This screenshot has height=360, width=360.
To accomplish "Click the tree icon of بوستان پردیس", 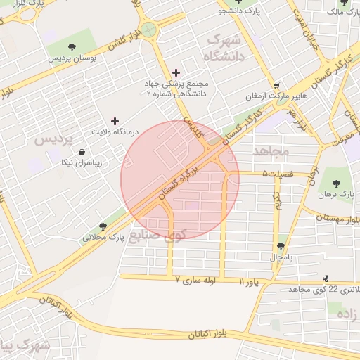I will (72, 47).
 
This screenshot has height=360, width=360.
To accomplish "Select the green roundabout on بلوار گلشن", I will (148, 30).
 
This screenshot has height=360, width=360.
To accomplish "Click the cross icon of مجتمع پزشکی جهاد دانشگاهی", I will (176, 72).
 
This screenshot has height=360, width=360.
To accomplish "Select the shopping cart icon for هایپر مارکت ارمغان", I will (276, 84).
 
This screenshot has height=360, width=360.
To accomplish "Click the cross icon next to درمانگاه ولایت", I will (115, 121).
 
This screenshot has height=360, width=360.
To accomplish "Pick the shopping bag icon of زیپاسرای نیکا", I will (82, 152).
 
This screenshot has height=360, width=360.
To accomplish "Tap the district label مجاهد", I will (271, 150).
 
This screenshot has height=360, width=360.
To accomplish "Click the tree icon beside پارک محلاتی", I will (103, 226).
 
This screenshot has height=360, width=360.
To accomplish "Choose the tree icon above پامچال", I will (281, 246).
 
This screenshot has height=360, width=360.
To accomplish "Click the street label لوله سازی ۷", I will (198, 279).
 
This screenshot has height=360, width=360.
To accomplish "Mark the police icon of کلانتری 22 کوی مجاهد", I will (325, 279).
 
